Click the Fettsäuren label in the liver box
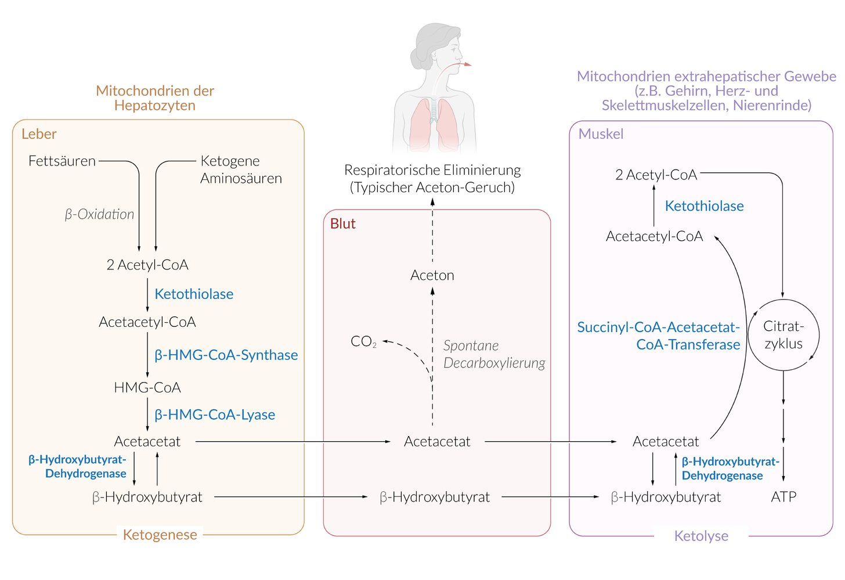coord(62,161)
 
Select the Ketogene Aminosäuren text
coord(241,170)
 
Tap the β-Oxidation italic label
coord(99,214)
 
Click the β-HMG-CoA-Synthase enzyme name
coord(226,355)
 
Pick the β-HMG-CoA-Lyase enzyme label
coord(215,415)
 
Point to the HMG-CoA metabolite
coord(147,388)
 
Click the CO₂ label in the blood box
coord(363,341)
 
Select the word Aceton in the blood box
coord(432,275)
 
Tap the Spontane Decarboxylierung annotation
coord(494,354)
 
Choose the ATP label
coord(783,497)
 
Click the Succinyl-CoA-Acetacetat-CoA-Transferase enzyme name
coord(659,336)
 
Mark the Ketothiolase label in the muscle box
coord(705,206)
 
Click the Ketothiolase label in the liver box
coord(194,294)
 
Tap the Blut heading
coord(343,224)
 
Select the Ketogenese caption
coord(160,535)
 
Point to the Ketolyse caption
coord(701,536)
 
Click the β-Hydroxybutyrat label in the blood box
coord(435,498)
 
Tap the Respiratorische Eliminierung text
coord(432,170)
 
